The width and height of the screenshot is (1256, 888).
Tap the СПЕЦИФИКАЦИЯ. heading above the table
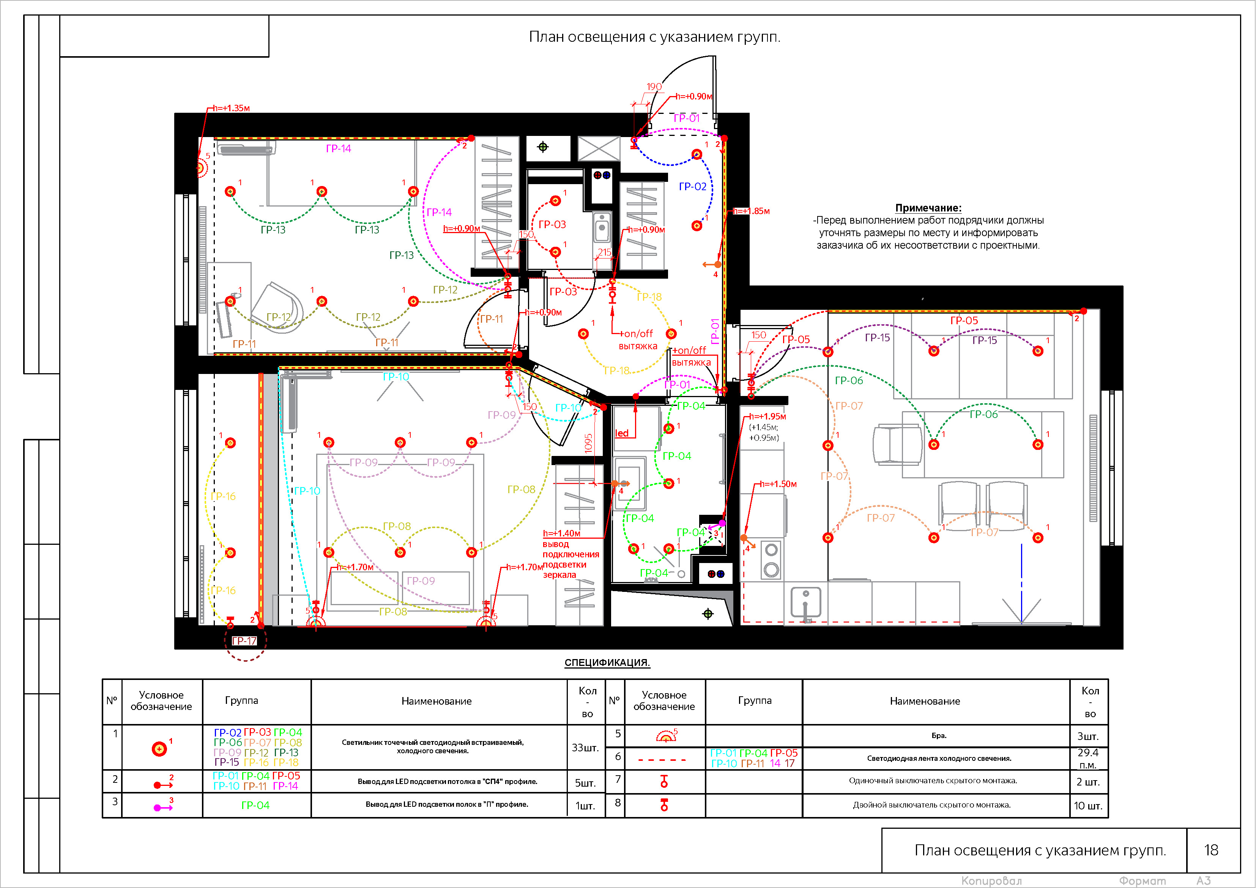607,662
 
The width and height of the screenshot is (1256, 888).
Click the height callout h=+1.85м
751,211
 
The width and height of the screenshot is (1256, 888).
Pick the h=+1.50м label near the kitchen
778,484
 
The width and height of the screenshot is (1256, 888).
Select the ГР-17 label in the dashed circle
244,641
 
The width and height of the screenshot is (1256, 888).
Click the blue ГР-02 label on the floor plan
693,186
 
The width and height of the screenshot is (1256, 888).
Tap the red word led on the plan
622,433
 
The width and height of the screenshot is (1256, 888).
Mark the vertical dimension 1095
589,443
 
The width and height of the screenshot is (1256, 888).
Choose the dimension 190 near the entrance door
654,87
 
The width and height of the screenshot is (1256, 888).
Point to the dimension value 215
605,252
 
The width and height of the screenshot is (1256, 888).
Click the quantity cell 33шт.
585,748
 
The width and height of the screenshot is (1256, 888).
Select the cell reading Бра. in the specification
939,736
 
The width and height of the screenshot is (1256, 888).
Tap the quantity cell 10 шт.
1088,805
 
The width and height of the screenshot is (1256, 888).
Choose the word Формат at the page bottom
1142,881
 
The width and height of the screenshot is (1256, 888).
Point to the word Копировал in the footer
991,881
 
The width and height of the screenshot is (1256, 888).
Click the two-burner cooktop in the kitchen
771,560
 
